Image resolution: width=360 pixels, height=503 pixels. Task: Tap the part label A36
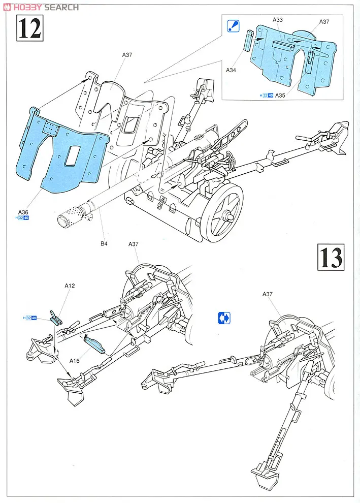click(x=23, y=212)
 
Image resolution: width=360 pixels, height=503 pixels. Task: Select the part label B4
click(x=104, y=244)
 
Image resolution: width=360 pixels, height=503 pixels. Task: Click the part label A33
click(x=277, y=19)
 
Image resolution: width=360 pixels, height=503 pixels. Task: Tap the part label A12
click(x=70, y=286)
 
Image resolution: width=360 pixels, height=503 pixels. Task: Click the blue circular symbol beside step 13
click(x=224, y=319)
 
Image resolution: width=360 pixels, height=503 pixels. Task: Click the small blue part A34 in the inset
click(x=248, y=40)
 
